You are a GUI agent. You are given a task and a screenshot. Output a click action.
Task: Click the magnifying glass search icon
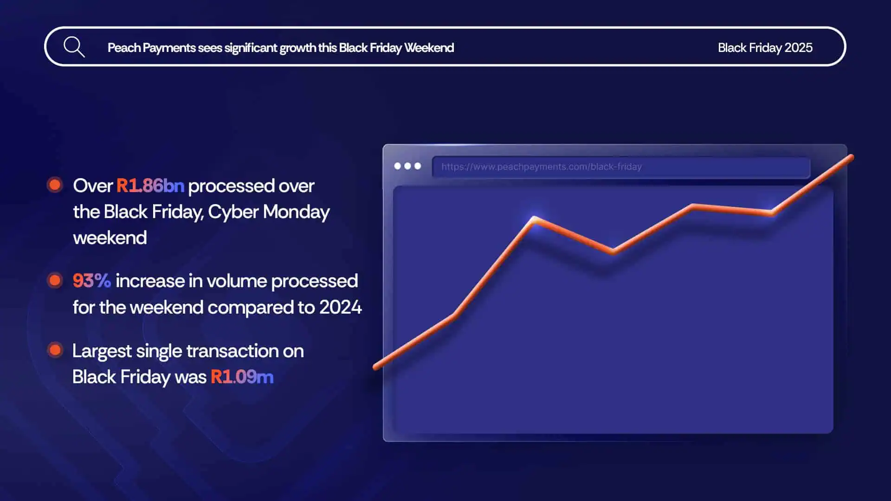coord(74,47)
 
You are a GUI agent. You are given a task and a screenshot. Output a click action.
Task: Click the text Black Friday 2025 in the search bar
coord(765,48)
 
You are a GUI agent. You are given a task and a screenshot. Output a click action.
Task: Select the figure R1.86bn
coord(150,186)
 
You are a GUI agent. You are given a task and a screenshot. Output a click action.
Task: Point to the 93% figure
coord(91,281)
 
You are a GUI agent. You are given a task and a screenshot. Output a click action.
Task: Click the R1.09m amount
coord(242,377)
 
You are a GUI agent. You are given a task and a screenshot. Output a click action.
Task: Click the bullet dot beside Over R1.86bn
coord(55,185)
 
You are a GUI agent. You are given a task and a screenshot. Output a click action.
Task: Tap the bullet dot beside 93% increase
coord(55,280)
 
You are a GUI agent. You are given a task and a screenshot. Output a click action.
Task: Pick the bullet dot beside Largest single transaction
coord(55,350)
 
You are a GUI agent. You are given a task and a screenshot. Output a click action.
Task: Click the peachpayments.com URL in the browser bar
coord(541,167)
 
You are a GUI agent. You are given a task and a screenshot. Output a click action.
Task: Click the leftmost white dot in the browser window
coord(397,166)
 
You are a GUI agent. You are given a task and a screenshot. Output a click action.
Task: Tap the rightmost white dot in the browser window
coord(418,166)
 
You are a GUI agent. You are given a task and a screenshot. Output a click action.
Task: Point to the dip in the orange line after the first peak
coord(613,251)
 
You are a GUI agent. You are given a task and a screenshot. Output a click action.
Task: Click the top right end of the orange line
coord(851,158)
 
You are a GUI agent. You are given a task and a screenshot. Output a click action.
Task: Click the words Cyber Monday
coord(268,212)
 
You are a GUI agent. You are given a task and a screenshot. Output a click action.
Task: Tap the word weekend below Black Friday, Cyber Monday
coord(110,238)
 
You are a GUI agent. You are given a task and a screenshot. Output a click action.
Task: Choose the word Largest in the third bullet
coord(102,351)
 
